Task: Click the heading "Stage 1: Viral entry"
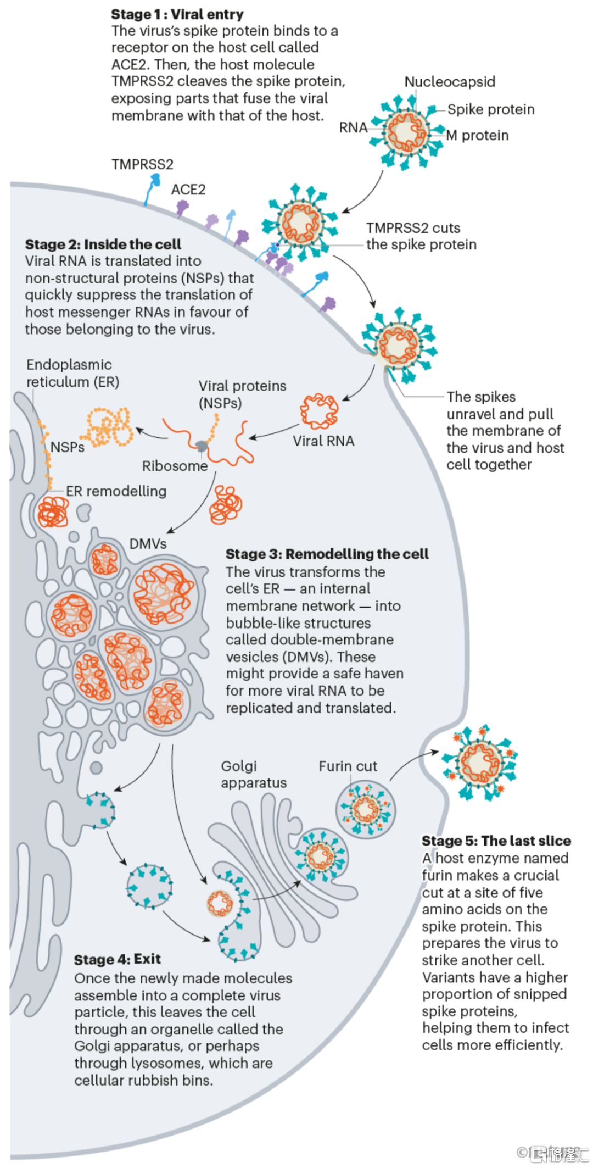point(177,14)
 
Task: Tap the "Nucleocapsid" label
point(450,82)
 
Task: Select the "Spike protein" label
point(490,109)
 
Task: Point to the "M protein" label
point(477,135)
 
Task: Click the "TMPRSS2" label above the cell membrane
point(142,164)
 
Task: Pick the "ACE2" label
point(188,190)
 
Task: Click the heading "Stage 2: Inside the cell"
point(103,244)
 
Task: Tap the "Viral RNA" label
point(323,441)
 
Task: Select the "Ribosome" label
point(175,466)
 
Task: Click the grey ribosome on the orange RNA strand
point(202,446)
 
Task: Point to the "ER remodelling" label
point(116,491)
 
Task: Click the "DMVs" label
point(148,544)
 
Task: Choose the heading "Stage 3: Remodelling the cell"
point(327,554)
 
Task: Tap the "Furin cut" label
point(348,766)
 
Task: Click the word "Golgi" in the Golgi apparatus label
point(239,766)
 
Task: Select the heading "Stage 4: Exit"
point(118,959)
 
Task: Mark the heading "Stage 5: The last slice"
point(496,841)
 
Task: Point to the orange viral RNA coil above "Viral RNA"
point(319,411)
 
